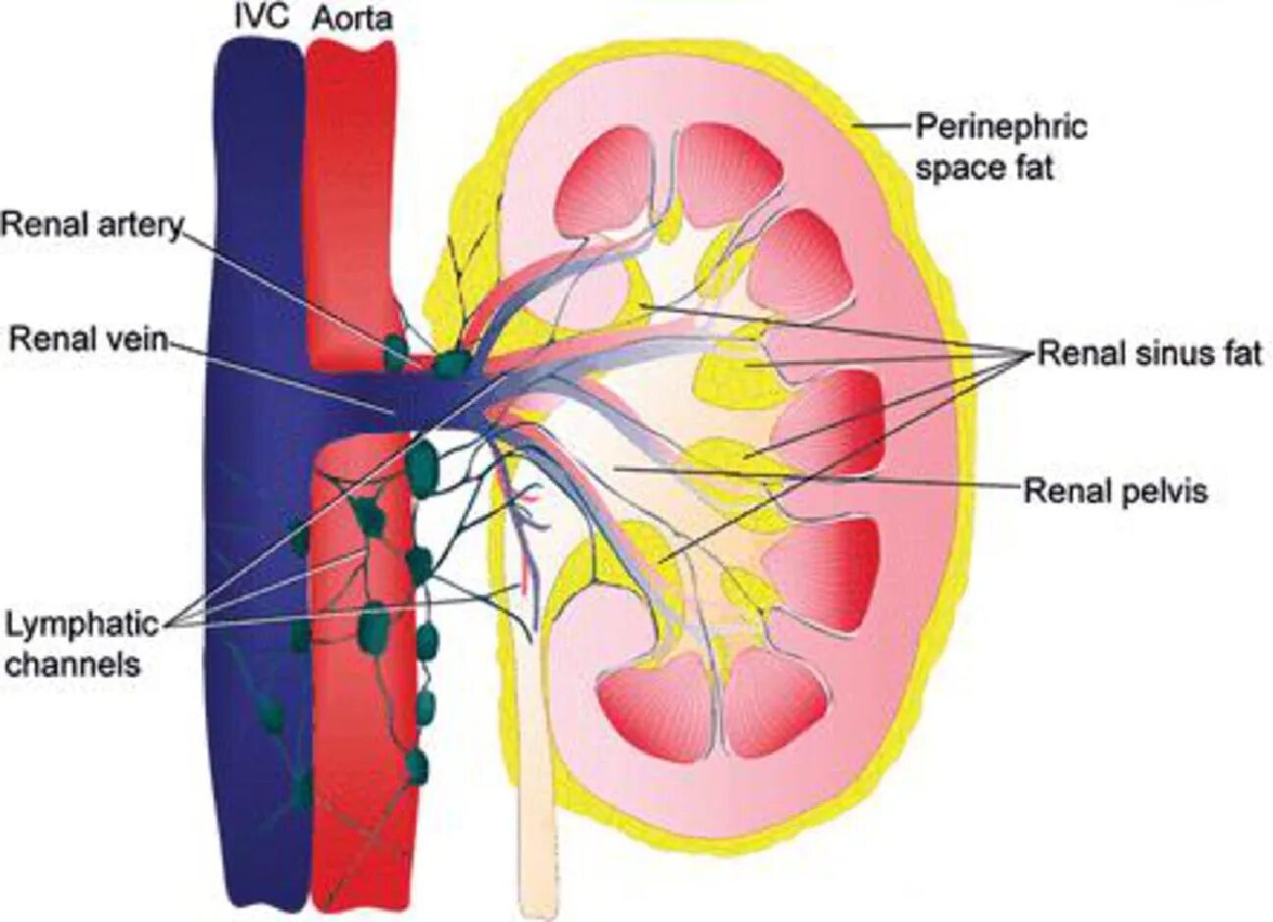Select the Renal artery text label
pos(91,226)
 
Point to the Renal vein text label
pos(87,339)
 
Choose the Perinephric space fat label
pos(1000,147)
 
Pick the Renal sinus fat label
pos(1149,353)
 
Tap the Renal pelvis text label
pos(1115,490)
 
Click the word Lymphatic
pos(81,624)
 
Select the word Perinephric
pos(1001,127)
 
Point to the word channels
pos(73,664)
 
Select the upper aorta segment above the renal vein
pos(350,196)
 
